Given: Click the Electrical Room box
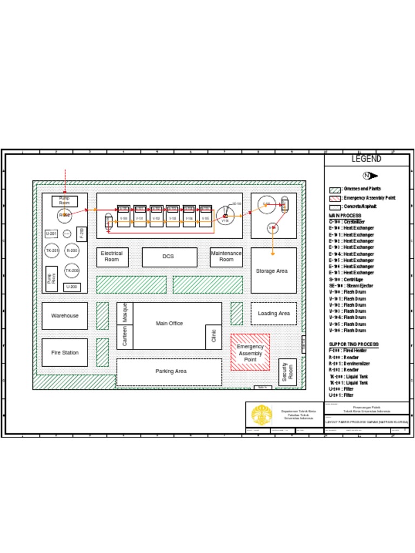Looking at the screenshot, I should tap(112, 257).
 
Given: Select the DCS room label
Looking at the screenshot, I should tap(169, 257).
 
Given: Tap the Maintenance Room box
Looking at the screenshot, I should tap(226, 257).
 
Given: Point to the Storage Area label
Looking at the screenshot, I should tap(273, 271).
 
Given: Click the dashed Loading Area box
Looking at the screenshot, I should tap(273, 313).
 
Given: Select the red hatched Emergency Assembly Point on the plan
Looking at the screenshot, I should tap(250, 352).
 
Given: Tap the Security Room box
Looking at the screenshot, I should tap(287, 373).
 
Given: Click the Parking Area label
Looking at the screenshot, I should tap(171, 372).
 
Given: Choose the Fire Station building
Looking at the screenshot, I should tap(65, 353).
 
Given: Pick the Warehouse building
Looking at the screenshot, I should tap(65, 315).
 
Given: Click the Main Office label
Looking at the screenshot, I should tap(169, 323).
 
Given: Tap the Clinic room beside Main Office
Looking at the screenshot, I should tap(213, 337).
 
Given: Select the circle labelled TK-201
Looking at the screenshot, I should tap(52, 251).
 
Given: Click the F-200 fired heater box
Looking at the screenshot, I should tap(82, 234).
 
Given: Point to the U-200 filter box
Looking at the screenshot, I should tap(72, 287).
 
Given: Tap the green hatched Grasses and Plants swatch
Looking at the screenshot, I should tap(335, 190).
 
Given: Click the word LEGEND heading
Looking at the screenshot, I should tap(366, 159).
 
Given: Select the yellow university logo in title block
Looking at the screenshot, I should tap(262, 415).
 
